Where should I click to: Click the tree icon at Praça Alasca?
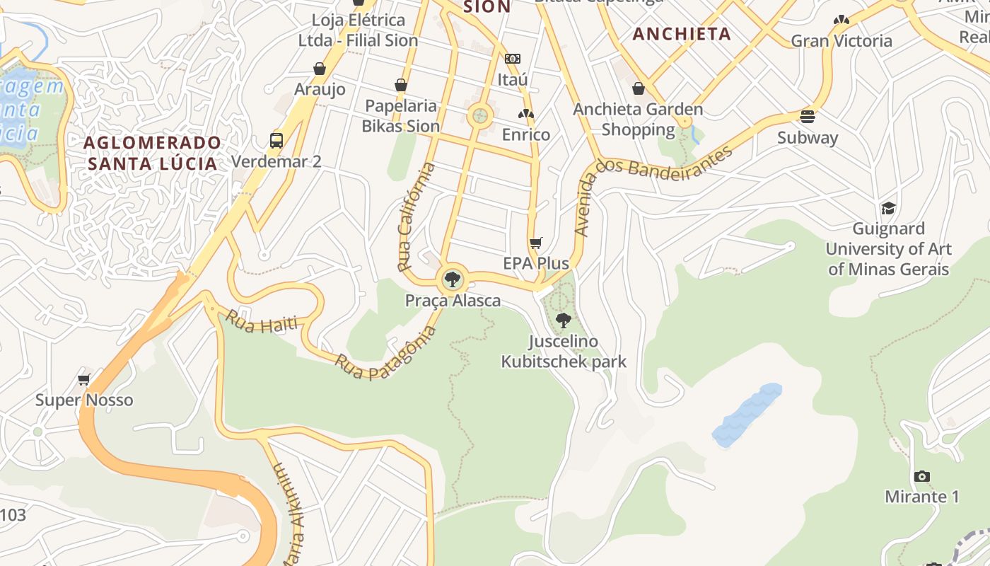click(x=452, y=279)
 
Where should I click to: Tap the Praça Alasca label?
click(x=453, y=301)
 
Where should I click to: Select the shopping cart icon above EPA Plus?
click(x=536, y=243)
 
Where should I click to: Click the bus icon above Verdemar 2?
click(x=276, y=140)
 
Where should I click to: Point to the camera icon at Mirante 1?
click(x=921, y=476)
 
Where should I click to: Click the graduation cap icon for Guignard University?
click(x=888, y=208)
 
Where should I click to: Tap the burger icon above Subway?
click(x=808, y=117)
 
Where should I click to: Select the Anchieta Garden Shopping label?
click(x=638, y=119)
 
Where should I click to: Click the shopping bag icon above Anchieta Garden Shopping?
click(x=639, y=88)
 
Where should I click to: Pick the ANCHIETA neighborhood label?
click(x=682, y=34)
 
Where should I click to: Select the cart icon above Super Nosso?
click(x=84, y=379)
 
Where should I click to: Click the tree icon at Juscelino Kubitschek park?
click(x=564, y=320)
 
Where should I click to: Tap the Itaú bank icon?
click(x=513, y=59)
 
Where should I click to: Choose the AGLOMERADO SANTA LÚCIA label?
click(x=153, y=153)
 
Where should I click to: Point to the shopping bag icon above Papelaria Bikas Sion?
click(x=401, y=85)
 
